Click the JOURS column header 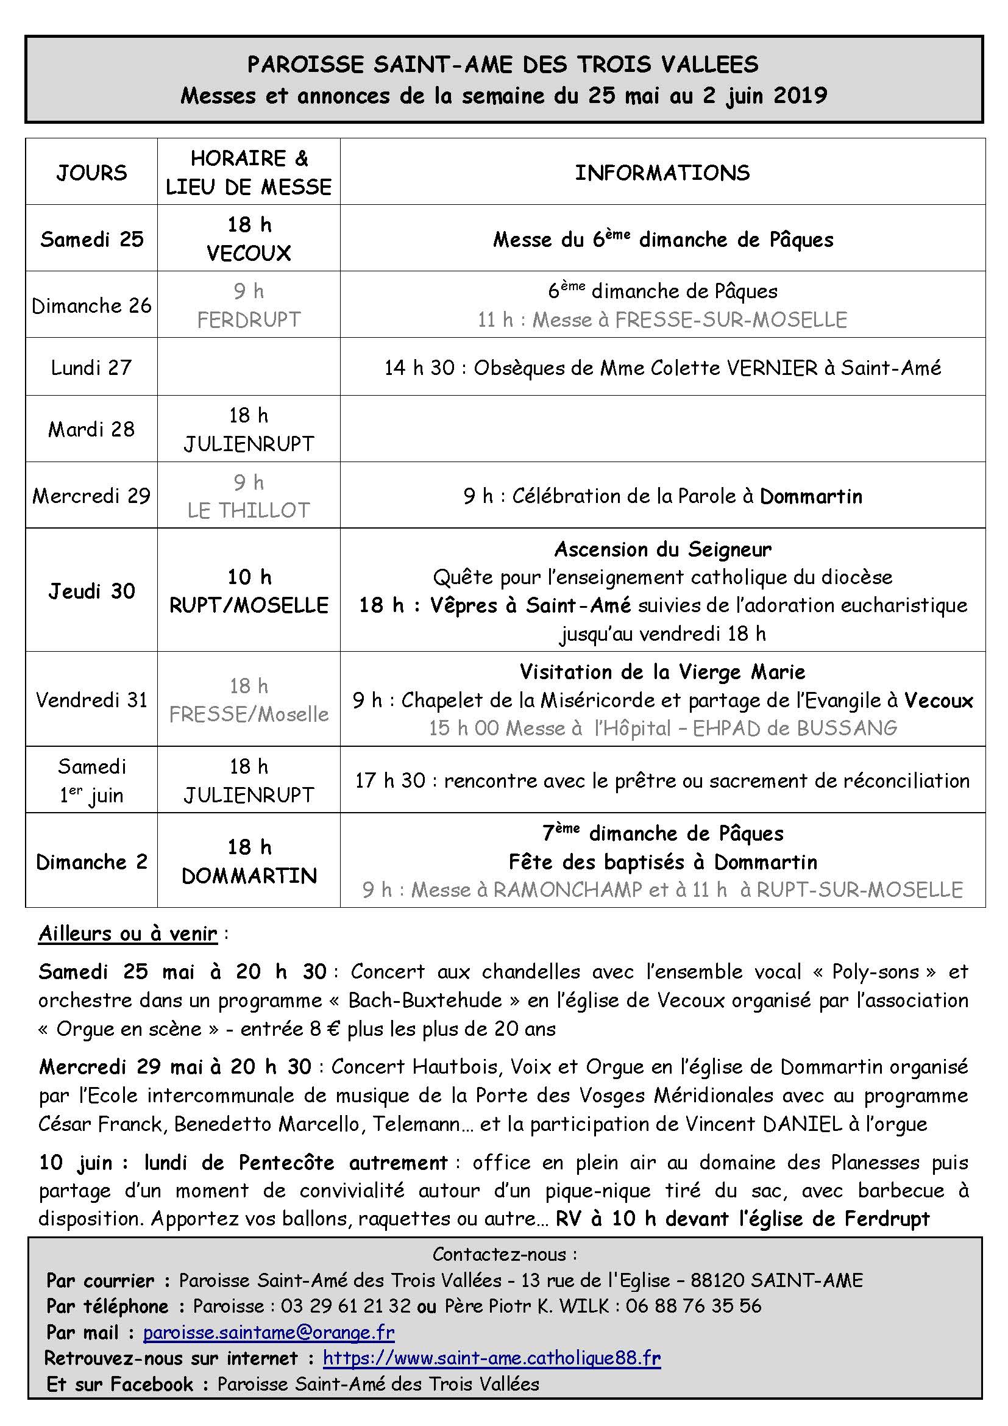[x=91, y=172]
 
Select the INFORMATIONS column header [x=662, y=172]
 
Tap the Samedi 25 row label [x=91, y=239]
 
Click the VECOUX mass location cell [x=249, y=253]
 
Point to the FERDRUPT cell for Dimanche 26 [x=249, y=319]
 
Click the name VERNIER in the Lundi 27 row [x=772, y=368]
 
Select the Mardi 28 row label [x=91, y=429]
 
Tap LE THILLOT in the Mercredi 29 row [x=249, y=510]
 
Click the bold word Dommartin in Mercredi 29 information [x=811, y=496]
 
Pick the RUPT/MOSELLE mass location [x=249, y=605]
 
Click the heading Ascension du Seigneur [x=662, y=549]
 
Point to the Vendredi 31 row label [x=91, y=700]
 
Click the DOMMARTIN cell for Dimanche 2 [x=249, y=875]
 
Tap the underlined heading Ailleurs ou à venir [x=128, y=933]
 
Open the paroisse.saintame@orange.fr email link [x=269, y=1332]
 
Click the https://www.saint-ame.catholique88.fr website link [x=492, y=1358]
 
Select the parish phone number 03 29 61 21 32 [x=346, y=1305]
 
